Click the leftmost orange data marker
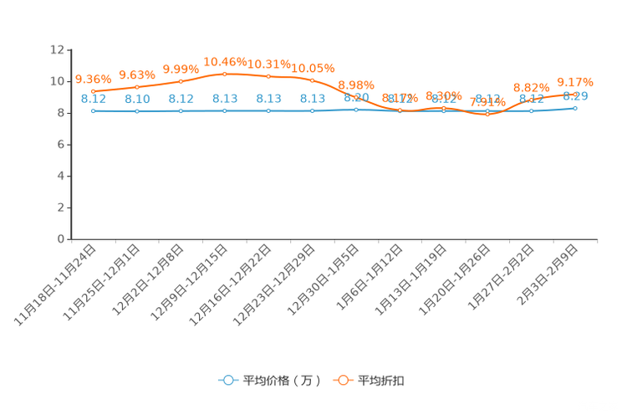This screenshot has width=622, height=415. tap(94, 91)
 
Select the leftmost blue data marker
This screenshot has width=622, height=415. tap(94, 111)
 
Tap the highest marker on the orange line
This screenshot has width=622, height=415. tap(225, 74)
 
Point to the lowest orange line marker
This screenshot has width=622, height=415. tap(487, 115)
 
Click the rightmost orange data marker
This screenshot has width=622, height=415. tap(575, 92)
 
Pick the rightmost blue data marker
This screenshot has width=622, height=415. tap(575, 108)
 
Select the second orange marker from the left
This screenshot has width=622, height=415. tap(137, 86)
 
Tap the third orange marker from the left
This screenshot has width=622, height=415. tap(181, 81)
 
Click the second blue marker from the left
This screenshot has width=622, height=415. tap(137, 111)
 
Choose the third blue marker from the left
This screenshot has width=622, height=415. tap(181, 111)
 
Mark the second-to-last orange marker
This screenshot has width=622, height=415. tap(532, 99)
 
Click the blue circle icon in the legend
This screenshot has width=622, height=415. tap(228, 380)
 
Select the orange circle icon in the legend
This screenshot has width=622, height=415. tap(343, 380)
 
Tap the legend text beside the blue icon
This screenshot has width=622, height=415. tap(281, 381)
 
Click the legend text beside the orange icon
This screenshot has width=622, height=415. tap(382, 381)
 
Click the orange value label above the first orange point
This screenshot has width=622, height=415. tap(93, 79)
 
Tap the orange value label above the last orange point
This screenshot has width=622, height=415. tap(574, 81)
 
